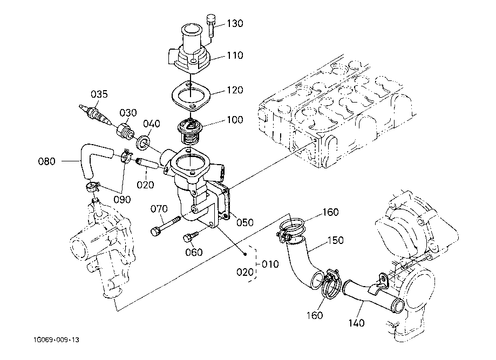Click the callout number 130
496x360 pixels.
pos(235,24)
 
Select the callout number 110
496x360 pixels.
pos(235,55)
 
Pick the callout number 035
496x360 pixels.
pos(99,94)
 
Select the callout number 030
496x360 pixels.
pos(128,112)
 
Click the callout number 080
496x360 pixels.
pos(47,160)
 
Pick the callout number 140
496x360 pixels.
pos(356,323)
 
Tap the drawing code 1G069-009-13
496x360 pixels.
pos(55,340)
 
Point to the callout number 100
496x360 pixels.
pos(235,119)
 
